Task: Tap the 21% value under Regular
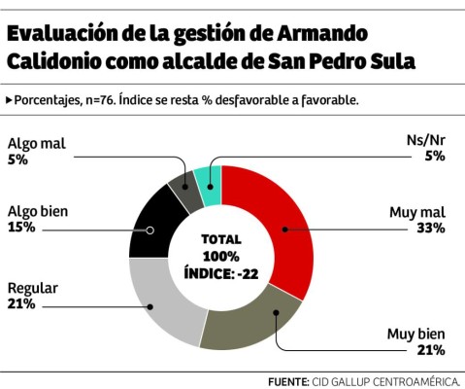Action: pos(21,304)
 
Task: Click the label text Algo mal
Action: pos(36,144)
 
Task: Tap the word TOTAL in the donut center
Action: pos(221,239)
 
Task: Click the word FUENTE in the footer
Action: pos(289,381)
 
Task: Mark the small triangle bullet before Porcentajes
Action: pos(9,99)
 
